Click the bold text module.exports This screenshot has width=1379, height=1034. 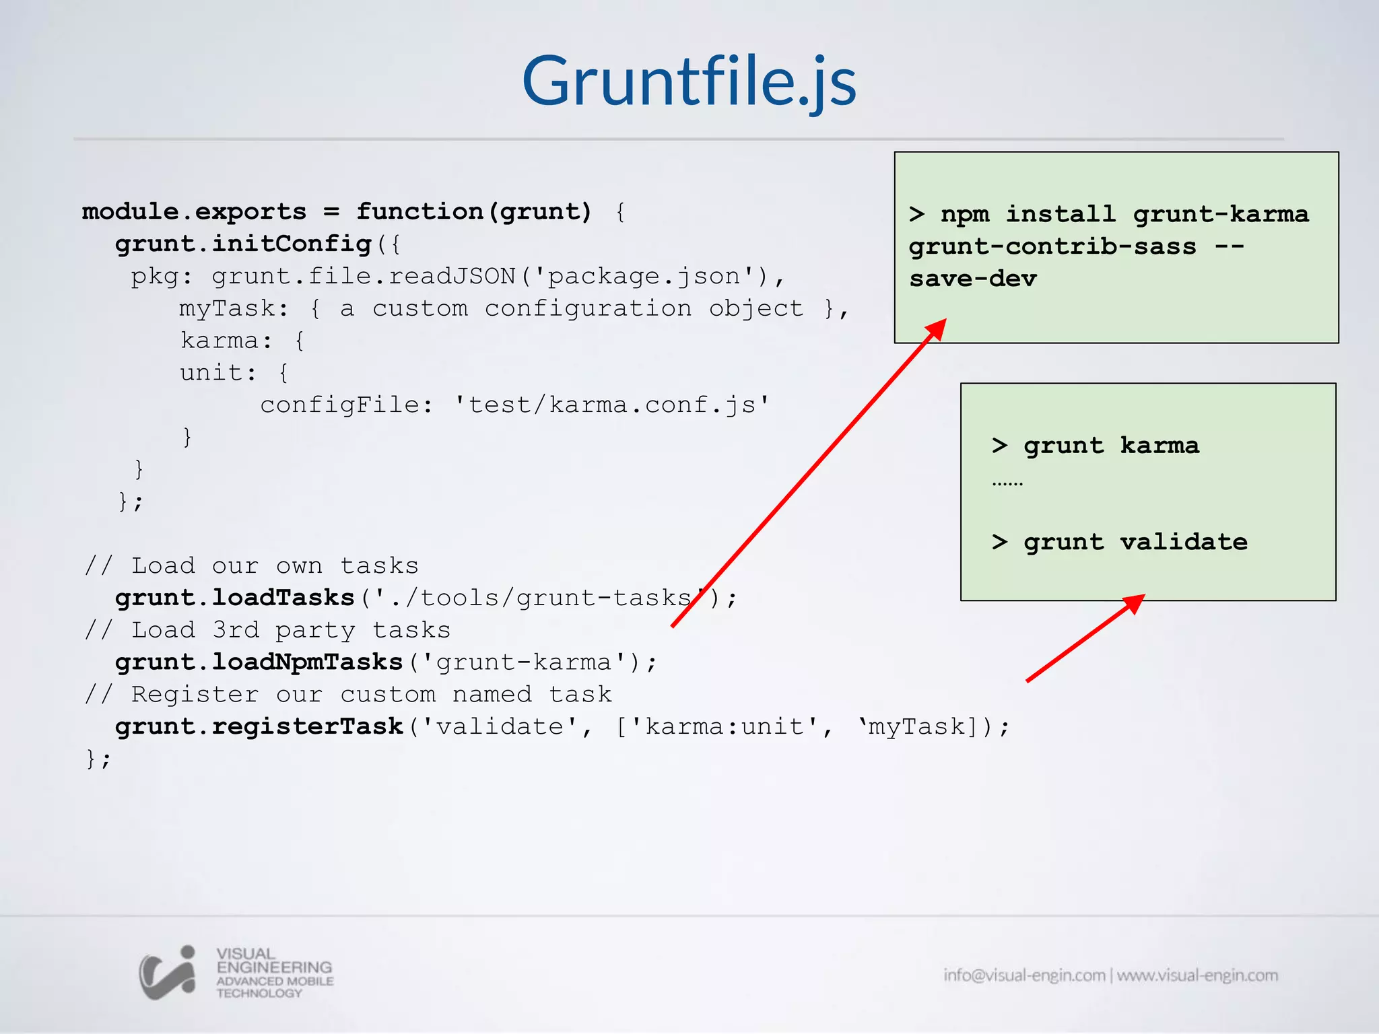click(194, 212)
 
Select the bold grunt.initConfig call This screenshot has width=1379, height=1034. click(243, 244)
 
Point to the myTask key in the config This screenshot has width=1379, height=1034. click(228, 309)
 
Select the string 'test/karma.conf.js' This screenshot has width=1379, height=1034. click(611, 405)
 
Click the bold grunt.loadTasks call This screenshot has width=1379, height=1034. click(234, 598)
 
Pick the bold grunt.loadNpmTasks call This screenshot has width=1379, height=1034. click(259, 662)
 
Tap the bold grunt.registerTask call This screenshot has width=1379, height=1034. click(259, 727)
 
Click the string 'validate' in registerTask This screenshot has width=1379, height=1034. click(500, 727)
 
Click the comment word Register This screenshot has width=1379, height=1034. click(195, 695)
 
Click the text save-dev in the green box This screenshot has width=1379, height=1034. click(973, 279)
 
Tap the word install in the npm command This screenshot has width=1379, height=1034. click(1061, 214)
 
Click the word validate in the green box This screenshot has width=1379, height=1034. click(1183, 542)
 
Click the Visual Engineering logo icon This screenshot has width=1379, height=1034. click(168, 973)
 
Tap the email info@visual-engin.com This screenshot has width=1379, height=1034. click(1023, 975)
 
